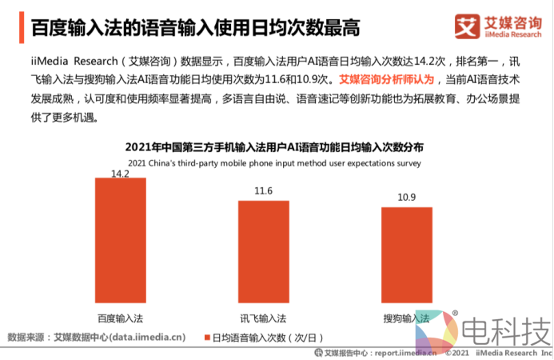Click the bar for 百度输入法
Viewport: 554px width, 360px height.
120,240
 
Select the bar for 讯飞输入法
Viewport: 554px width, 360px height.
263,251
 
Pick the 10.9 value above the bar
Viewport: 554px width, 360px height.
406,198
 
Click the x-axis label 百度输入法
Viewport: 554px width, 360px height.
120,318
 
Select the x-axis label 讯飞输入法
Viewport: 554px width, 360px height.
263,318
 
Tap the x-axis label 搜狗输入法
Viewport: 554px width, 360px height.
406,318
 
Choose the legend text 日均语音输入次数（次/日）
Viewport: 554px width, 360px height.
264,337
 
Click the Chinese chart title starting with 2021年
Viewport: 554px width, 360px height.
274,148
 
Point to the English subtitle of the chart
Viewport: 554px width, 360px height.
274,162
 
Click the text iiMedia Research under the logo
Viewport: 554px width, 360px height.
513,34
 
